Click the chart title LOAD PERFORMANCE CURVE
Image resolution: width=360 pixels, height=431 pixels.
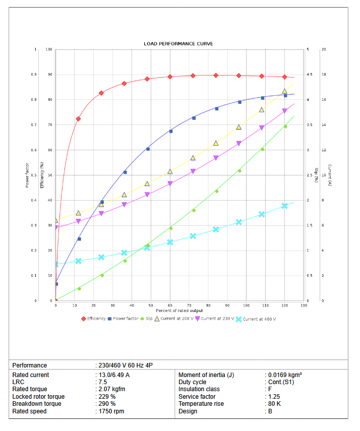tap(178, 44)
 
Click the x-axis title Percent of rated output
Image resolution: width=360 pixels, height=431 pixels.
tap(179, 311)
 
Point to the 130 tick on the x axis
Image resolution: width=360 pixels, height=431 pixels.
tap(304, 305)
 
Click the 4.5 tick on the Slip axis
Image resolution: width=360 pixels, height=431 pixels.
tap(309, 75)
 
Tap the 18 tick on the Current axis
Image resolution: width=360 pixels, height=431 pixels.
tap(323, 75)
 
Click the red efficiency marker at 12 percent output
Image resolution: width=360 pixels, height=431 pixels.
tap(78, 119)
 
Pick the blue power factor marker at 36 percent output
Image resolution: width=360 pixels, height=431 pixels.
tap(125, 172)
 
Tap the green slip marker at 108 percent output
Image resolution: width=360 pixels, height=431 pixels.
tap(262, 149)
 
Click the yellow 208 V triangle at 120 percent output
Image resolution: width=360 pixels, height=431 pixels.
tap(284, 91)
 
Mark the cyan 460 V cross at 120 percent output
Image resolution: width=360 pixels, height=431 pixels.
tap(284, 206)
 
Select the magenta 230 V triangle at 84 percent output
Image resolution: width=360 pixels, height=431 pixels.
tap(216, 158)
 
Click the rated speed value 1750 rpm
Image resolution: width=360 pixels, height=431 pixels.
tap(110, 411)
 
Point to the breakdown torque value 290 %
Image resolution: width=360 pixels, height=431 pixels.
tap(107, 404)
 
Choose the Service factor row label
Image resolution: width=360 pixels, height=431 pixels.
tap(196, 397)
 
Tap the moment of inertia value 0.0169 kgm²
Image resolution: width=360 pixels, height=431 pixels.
tap(285, 375)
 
